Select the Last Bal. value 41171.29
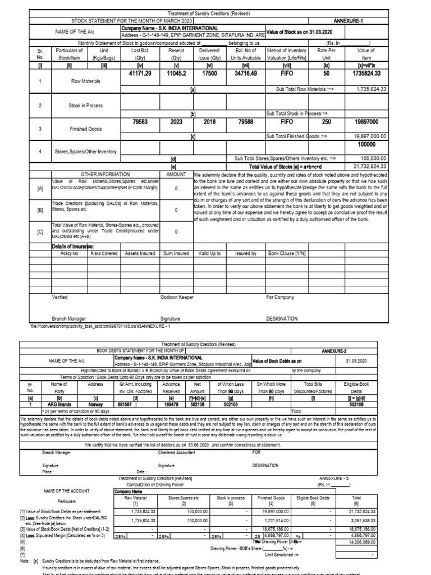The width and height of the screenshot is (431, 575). pos(140,74)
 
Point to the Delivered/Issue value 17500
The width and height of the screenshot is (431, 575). pos(210,74)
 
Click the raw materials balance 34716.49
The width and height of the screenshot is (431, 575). pos(247,74)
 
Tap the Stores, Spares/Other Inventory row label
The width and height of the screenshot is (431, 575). pos(85,150)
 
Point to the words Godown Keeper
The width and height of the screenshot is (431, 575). pos(177,296)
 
